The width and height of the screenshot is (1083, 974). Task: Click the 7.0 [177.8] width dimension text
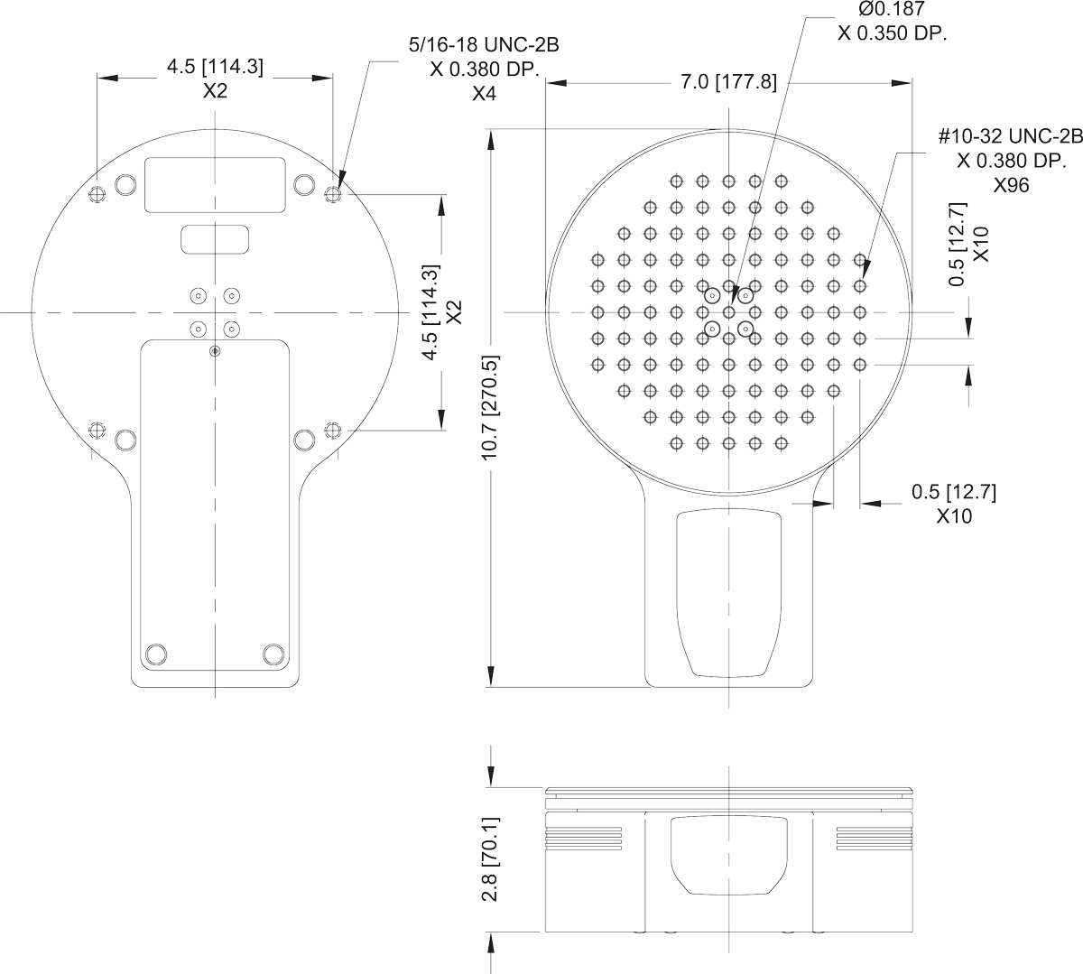(727, 83)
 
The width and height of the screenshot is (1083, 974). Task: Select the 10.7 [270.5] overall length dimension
(491, 407)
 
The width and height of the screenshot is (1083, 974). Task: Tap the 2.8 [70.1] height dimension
(491, 859)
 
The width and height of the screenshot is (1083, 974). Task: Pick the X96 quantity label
(1011, 185)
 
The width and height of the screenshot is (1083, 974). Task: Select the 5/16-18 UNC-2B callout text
(477, 45)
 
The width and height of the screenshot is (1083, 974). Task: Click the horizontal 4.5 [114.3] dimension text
(215, 67)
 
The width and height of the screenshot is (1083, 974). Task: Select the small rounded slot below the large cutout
(215, 239)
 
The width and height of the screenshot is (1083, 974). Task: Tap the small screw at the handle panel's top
(214, 350)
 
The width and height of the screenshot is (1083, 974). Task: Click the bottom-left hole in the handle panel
(156, 654)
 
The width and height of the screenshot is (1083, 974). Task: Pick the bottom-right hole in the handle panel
(273, 654)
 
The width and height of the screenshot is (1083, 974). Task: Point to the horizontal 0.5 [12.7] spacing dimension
(953, 492)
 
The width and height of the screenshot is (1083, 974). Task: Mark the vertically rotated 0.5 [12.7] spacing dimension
(959, 244)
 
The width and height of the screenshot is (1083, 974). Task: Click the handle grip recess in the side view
(728, 853)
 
